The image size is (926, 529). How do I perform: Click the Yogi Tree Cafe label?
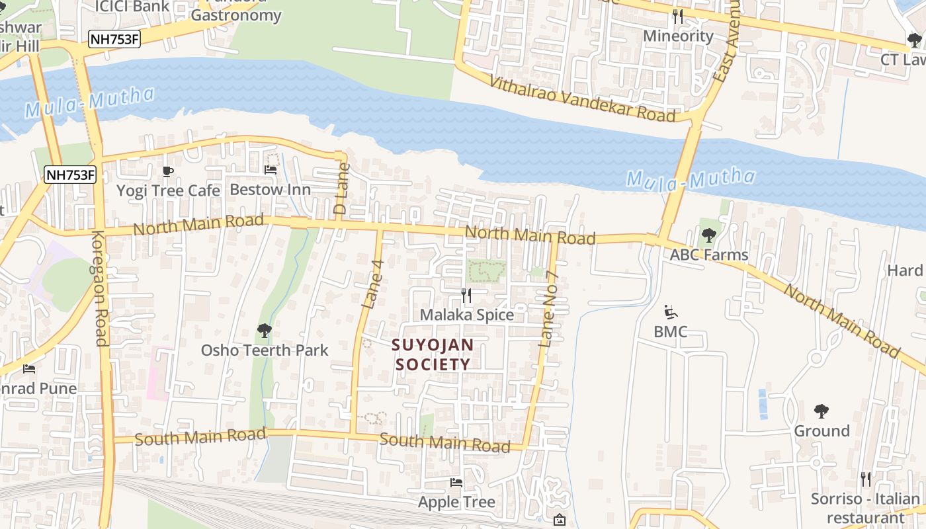[168, 190]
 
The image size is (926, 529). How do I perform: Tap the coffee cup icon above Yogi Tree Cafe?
[168, 172]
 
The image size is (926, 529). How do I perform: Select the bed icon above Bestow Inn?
[270, 170]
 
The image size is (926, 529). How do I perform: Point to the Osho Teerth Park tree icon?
[264, 330]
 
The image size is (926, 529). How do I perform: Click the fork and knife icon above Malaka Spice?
[466, 296]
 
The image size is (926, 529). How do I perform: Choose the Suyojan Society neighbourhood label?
[433, 354]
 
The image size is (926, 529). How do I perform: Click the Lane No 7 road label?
[550, 309]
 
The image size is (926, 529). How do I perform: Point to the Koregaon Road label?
[100, 288]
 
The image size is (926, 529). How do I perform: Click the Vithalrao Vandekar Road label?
[582, 99]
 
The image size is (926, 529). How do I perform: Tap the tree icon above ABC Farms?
[708, 235]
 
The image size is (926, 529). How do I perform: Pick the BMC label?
[670, 331]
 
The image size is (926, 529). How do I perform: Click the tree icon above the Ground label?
[821, 411]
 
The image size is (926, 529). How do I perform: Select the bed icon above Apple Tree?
[456, 483]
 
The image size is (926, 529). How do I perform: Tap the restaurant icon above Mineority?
[678, 16]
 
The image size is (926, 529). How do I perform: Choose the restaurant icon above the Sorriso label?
[865, 479]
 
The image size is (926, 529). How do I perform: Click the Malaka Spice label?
[467, 315]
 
